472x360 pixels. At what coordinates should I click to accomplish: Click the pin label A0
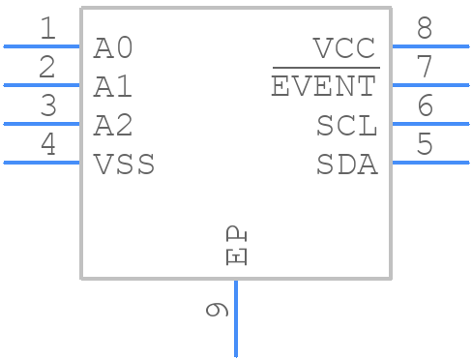(x=113, y=48)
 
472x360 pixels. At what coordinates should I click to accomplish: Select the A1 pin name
(x=113, y=87)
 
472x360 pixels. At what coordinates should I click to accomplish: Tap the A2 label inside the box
(x=113, y=126)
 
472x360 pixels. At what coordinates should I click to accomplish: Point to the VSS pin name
(x=124, y=165)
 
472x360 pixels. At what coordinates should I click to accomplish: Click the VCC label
(x=343, y=48)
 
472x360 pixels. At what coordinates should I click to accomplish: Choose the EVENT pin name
(x=324, y=87)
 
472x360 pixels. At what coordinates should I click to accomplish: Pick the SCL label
(x=346, y=126)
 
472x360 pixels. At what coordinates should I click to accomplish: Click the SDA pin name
(x=346, y=165)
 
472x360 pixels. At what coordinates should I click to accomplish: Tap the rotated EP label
(x=237, y=246)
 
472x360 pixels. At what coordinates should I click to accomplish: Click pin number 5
(x=425, y=145)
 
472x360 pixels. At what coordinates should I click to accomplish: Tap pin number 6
(x=425, y=106)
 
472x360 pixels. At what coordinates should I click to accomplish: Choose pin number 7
(x=425, y=68)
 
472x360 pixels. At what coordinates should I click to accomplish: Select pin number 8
(x=425, y=29)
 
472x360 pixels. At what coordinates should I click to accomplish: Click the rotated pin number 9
(x=218, y=309)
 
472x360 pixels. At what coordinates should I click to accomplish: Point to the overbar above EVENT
(x=325, y=69)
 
